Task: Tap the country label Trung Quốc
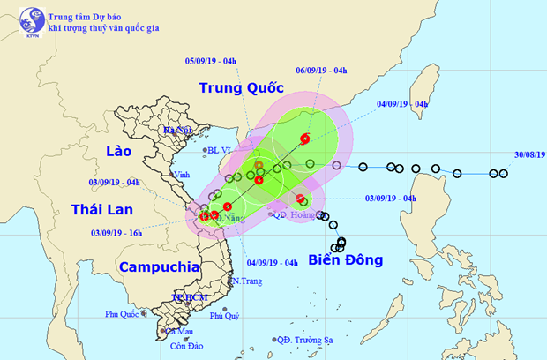(240, 87)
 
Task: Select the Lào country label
(116, 151)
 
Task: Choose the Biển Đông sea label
(346, 259)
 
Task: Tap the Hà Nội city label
(176, 131)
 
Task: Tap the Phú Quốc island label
(124, 314)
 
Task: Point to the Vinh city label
(183, 174)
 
